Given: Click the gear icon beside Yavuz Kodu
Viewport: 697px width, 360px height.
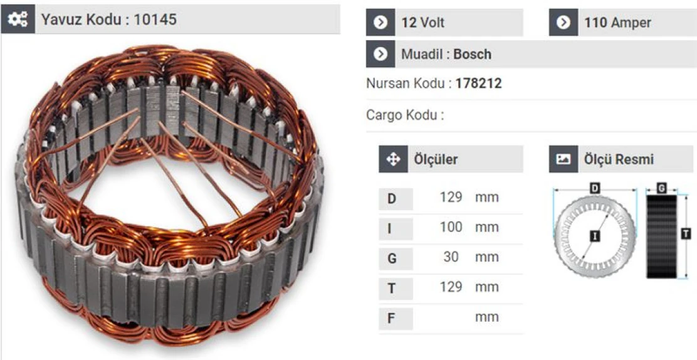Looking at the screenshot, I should (x=17, y=19).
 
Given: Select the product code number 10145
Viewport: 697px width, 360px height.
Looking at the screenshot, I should (x=155, y=19).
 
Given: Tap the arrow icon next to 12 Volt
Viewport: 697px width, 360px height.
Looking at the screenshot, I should (x=380, y=23).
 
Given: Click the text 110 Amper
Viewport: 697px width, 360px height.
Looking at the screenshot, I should (x=617, y=23).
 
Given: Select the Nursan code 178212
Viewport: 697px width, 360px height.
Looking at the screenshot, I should (x=478, y=83).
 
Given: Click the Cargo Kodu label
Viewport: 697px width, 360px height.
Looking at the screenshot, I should (x=404, y=115).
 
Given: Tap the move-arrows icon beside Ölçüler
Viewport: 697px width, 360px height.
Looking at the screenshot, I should (x=393, y=159).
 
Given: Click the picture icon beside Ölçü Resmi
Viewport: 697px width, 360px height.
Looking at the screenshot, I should (x=563, y=159).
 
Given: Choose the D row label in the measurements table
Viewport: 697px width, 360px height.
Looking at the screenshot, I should (x=392, y=199).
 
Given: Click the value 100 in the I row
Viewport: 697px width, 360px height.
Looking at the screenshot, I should (x=450, y=227).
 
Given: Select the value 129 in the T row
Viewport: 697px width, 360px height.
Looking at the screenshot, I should (x=450, y=287).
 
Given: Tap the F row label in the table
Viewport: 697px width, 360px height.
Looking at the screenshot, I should (x=391, y=318).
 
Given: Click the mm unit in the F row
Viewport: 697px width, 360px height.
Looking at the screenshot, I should (x=486, y=317).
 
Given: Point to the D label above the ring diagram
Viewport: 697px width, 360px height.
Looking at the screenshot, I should (x=594, y=188).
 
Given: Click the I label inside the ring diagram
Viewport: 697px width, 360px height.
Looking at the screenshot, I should (x=593, y=236).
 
